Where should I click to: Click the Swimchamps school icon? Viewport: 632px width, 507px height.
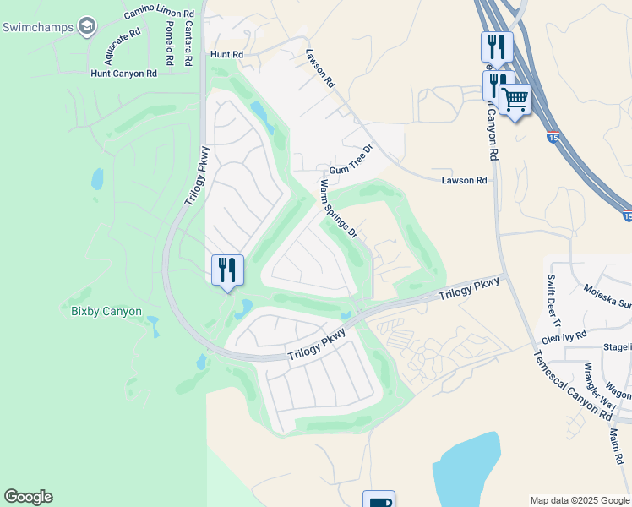(86, 27)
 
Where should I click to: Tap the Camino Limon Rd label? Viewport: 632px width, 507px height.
(159, 14)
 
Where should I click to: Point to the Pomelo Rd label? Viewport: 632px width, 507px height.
(168, 42)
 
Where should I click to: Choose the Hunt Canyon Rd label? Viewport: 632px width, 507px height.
(124, 74)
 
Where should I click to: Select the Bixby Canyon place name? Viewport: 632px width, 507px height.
(106, 311)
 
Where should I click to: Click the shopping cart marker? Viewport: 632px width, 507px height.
(515, 100)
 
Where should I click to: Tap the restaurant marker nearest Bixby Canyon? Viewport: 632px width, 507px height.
(227, 270)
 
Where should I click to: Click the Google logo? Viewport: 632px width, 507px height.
(28, 497)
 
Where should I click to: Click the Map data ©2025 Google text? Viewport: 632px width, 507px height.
(579, 500)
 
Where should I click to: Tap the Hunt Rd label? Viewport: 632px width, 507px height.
(226, 54)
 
